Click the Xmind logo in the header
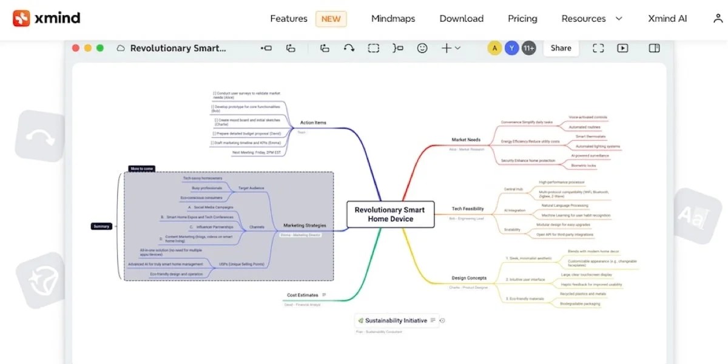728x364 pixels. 47,18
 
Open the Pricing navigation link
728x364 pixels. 522,18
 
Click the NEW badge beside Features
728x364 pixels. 331,18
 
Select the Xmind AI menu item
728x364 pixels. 667,18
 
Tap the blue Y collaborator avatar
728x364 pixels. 511,48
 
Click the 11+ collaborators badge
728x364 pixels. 528,48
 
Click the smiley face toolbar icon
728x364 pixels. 422,48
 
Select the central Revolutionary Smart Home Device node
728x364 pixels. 389,214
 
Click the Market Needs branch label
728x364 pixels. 466,140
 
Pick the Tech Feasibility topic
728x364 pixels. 468,209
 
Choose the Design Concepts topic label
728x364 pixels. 469,278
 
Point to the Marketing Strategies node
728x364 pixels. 305,225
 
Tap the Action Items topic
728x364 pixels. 313,123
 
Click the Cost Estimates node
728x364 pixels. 302,295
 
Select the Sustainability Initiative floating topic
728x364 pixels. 396,320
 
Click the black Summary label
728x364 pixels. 101,226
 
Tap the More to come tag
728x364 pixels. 141,169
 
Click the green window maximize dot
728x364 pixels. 100,48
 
